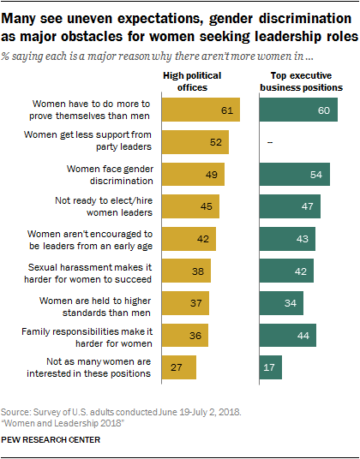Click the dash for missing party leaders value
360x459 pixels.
tap(270, 142)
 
